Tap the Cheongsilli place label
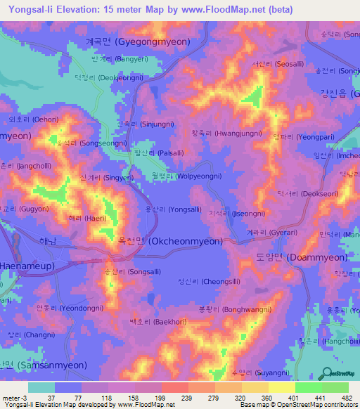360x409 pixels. click(x=209, y=281)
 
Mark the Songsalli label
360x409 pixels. click(x=124, y=270)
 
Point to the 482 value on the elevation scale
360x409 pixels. click(x=346, y=398)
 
